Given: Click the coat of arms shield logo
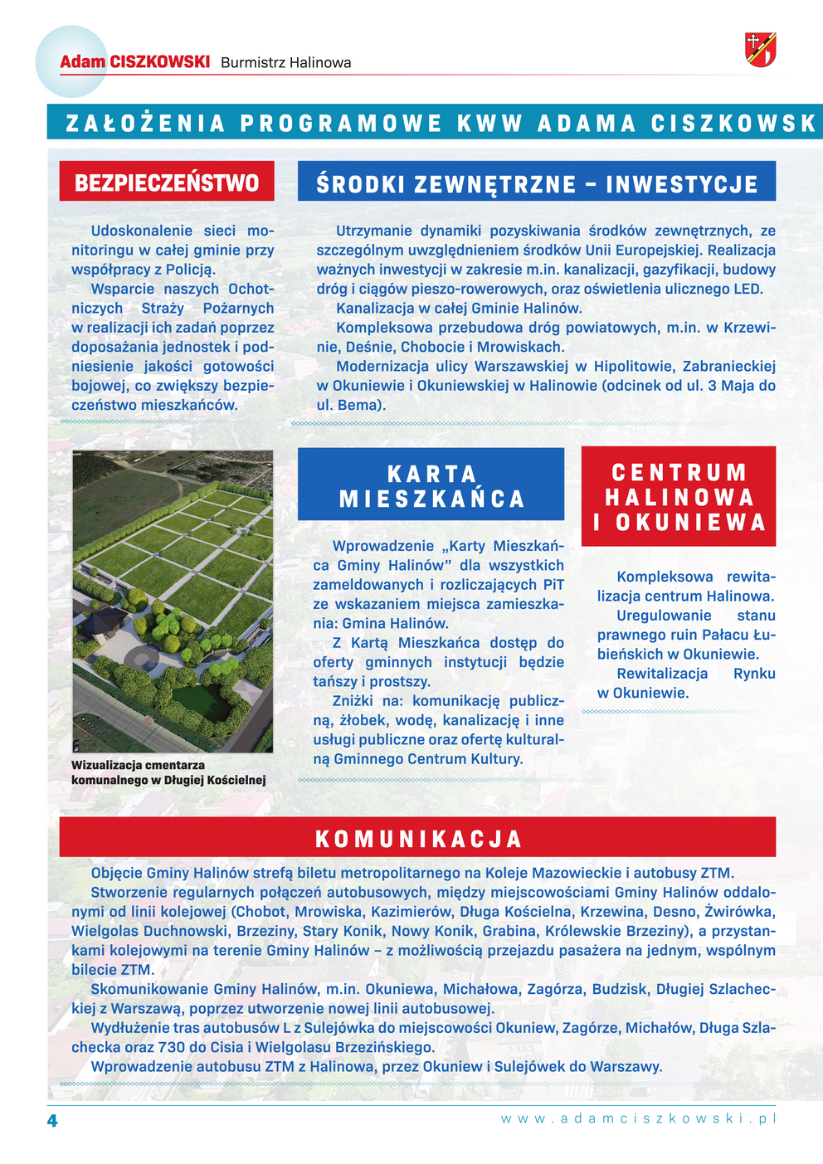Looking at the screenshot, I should pyautogui.click(x=760, y=50).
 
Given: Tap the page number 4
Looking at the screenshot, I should pyautogui.click(x=52, y=1121).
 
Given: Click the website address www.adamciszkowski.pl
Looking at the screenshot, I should pyautogui.click(x=638, y=1118).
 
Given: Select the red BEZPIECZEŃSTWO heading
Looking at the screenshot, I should pyautogui.click(x=167, y=182).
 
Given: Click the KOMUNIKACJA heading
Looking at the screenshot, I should pyautogui.click(x=418, y=838).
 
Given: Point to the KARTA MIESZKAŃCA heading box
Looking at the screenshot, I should pyautogui.click(x=431, y=485).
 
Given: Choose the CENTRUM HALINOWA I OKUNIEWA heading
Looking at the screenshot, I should pyautogui.click(x=679, y=497).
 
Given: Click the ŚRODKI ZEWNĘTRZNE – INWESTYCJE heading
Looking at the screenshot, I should pyautogui.click(x=537, y=183).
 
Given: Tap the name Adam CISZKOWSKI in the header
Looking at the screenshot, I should pyautogui.click(x=134, y=62).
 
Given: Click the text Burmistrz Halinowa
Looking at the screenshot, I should pyautogui.click(x=285, y=63).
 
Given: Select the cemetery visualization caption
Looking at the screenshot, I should pyautogui.click(x=168, y=772).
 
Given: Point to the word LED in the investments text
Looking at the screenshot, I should pyautogui.click(x=748, y=289).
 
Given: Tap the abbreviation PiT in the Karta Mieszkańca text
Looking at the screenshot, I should pyautogui.click(x=553, y=585).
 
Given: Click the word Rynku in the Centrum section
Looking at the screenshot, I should pyautogui.click(x=754, y=674).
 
